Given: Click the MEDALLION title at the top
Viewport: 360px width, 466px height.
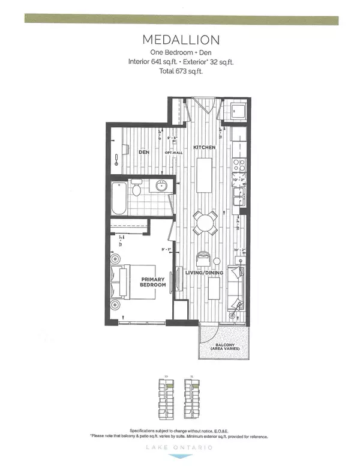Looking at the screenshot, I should click(179, 40).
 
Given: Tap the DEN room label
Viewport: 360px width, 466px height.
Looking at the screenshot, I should click(144, 152).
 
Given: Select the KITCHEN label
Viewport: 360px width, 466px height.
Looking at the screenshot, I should click(204, 147).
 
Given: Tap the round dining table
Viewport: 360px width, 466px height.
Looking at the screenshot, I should click(204, 225).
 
